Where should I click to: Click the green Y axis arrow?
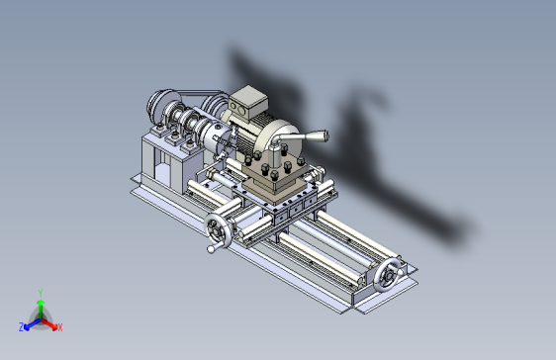pyautogui.click(x=40, y=304)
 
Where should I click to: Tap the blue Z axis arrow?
pyautogui.click(x=29, y=322)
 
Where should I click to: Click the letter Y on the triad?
pyautogui.click(x=40, y=292)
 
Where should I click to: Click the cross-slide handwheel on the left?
pyautogui.click(x=218, y=231)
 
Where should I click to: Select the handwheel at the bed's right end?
pyautogui.click(x=389, y=274)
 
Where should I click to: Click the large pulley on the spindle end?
pyautogui.click(x=157, y=105)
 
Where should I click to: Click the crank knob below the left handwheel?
pyautogui.click(x=210, y=249)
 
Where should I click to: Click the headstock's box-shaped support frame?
pyautogui.click(x=158, y=163)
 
